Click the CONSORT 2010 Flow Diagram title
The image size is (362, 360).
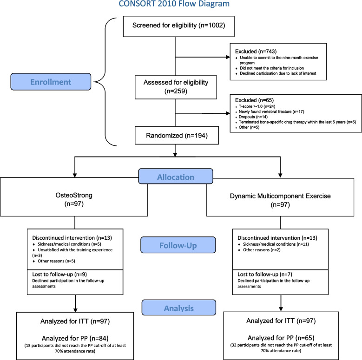coord(174,4)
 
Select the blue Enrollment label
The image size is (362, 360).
coord(51,82)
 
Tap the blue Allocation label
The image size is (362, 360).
coord(176,177)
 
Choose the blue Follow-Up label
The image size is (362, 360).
coord(178,245)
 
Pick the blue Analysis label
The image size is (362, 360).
coord(179,308)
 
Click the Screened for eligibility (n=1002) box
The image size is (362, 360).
coord(179,26)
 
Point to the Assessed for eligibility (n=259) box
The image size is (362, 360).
coord(176,87)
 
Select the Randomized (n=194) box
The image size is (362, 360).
coord(177,135)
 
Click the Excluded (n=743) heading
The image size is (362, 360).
coord(256,51)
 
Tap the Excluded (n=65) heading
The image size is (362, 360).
coord(254,100)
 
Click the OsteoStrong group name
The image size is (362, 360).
coord(74,195)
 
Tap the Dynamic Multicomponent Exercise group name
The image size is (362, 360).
coord(280,196)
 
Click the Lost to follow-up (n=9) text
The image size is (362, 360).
coord(59,274)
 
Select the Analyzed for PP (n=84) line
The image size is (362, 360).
coord(75,338)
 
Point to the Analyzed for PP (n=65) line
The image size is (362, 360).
coord(281,338)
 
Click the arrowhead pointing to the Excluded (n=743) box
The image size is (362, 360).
coord(228,57)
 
